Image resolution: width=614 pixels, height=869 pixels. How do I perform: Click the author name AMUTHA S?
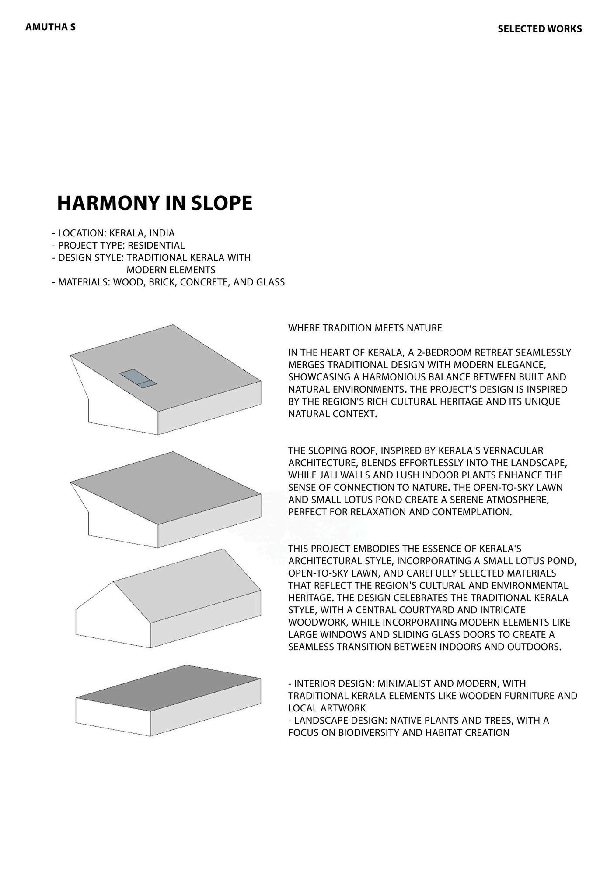click(50, 27)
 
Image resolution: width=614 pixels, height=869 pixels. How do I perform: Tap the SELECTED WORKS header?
click(539, 29)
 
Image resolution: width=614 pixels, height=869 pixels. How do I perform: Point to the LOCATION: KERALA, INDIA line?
click(113, 233)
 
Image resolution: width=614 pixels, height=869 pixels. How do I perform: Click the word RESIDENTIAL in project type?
click(156, 245)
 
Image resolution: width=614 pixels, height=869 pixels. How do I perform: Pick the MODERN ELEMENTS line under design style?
click(171, 270)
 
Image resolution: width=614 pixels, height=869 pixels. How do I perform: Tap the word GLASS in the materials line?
click(270, 282)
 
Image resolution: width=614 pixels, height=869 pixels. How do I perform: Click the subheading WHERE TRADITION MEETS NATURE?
click(365, 328)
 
